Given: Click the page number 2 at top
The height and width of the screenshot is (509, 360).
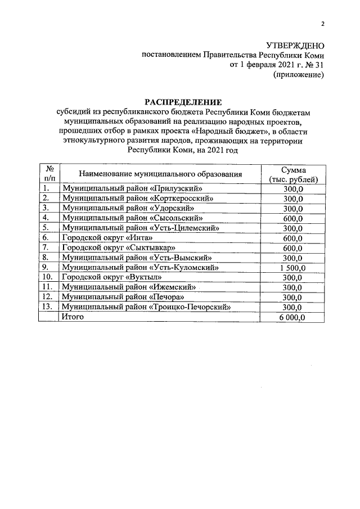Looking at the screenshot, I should (323, 24).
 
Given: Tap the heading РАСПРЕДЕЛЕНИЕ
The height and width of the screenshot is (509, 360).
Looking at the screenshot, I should (184, 102).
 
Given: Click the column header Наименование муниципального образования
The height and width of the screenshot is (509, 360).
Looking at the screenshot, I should (160, 174).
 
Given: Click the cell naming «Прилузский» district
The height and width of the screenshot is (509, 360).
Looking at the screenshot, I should (132, 188).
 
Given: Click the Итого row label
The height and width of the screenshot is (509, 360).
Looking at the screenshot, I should (73, 318).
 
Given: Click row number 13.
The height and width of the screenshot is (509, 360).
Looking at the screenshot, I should (48, 308).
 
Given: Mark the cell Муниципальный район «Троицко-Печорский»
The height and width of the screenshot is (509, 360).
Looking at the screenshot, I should (147, 308).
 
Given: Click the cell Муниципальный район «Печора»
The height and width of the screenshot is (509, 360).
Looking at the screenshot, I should (124, 298).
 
